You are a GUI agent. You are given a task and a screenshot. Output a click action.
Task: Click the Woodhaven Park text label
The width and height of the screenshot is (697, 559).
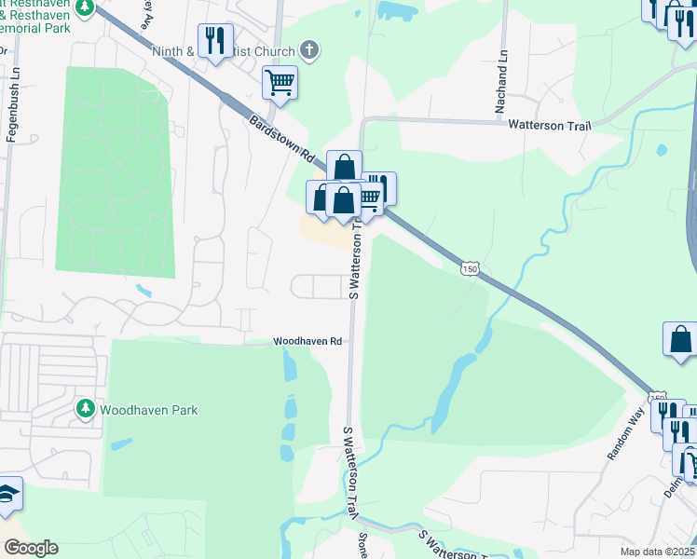click(x=149, y=410)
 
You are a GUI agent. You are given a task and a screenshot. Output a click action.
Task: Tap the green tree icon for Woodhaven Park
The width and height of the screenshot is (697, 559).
click(x=86, y=409)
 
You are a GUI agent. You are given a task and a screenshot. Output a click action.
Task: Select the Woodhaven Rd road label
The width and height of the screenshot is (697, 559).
click(x=308, y=342)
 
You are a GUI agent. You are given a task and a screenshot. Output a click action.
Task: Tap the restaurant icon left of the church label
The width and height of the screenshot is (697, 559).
click(x=215, y=41)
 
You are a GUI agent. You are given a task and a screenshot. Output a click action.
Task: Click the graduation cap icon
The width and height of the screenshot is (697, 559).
click(x=7, y=495)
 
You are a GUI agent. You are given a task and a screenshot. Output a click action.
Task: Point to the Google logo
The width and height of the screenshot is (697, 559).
click(x=30, y=548)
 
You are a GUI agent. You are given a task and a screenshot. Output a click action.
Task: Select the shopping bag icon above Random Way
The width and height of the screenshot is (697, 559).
click(x=680, y=339)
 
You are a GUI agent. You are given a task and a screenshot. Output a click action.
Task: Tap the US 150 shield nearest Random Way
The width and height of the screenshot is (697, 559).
click(x=658, y=398)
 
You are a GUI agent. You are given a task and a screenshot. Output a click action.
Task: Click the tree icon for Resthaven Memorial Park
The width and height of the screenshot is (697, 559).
click(x=85, y=7)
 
